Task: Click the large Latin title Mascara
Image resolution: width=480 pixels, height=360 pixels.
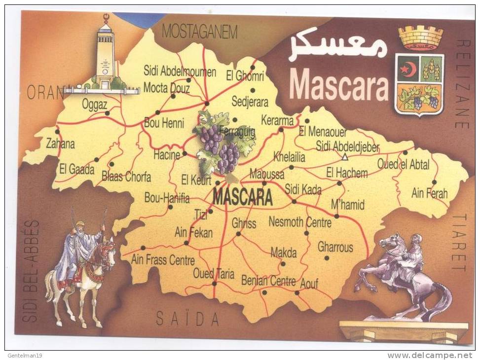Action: [x=339, y=84]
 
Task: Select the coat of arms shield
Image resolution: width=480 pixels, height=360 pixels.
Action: [x=419, y=83]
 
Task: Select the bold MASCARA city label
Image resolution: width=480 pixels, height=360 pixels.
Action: [x=242, y=197]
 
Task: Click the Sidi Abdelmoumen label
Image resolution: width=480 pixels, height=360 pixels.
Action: [x=180, y=72]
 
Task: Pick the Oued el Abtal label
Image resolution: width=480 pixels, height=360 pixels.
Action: [x=403, y=164]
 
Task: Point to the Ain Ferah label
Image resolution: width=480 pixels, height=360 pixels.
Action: [x=429, y=193]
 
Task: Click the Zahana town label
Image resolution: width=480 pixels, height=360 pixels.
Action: [x=60, y=144]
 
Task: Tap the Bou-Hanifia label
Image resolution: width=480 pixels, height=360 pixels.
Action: [x=167, y=198]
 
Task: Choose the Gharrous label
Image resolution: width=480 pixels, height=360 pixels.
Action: [x=335, y=247]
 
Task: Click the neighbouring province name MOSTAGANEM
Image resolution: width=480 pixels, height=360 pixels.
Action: [x=200, y=32]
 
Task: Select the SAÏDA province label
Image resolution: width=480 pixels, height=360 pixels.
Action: [x=187, y=319]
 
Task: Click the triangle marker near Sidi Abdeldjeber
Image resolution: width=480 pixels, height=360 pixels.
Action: [x=345, y=157]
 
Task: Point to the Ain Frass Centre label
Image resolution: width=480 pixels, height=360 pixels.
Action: [x=163, y=259]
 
